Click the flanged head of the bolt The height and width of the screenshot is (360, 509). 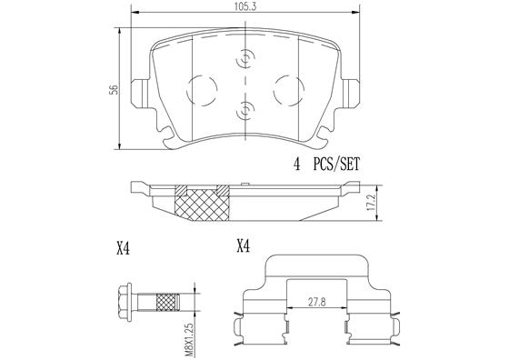click(x=126, y=301)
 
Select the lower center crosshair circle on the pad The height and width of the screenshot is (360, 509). click(x=245, y=113)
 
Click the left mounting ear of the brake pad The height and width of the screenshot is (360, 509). click(x=140, y=92)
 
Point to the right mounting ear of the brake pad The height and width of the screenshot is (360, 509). click(x=351, y=92)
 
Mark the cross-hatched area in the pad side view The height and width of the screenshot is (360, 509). click(x=202, y=204)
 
